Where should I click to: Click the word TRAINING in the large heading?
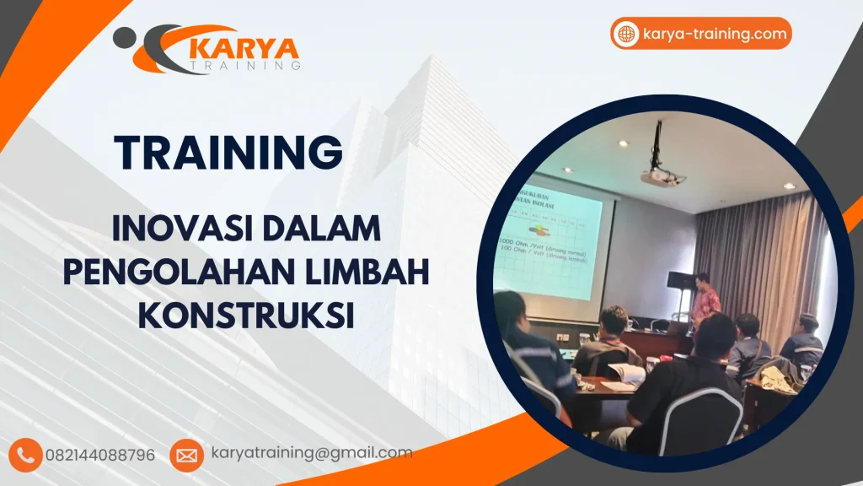tap(229, 153)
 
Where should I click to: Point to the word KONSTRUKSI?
tap(245, 316)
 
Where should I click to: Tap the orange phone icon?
tap(26, 455)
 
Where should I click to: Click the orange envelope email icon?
tap(186, 455)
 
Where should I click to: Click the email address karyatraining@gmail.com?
tap(312, 453)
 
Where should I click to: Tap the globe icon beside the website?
tap(627, 34)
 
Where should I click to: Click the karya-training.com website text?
tap(714, 34)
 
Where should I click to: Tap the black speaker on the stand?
tap(679, 281)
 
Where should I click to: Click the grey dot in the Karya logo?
tap(122, 35)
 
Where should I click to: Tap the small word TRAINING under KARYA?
tap(244, 64)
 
